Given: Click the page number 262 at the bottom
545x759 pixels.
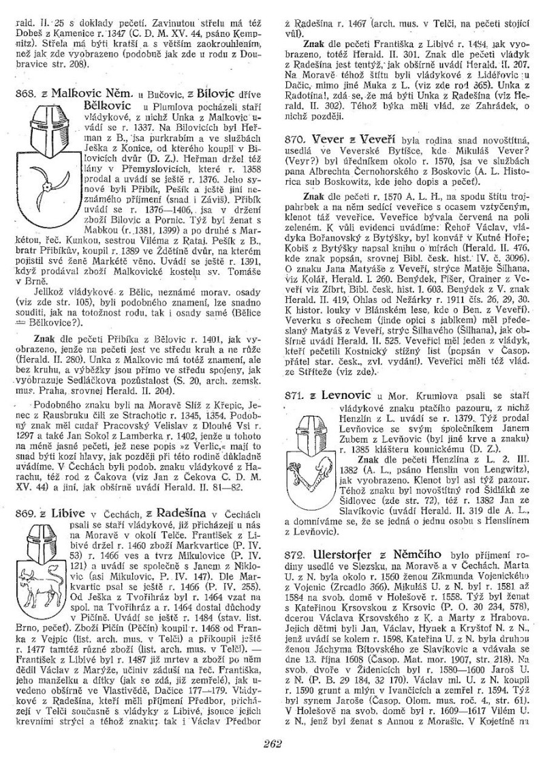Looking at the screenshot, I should pyautogui.click(x=272, y=743).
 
